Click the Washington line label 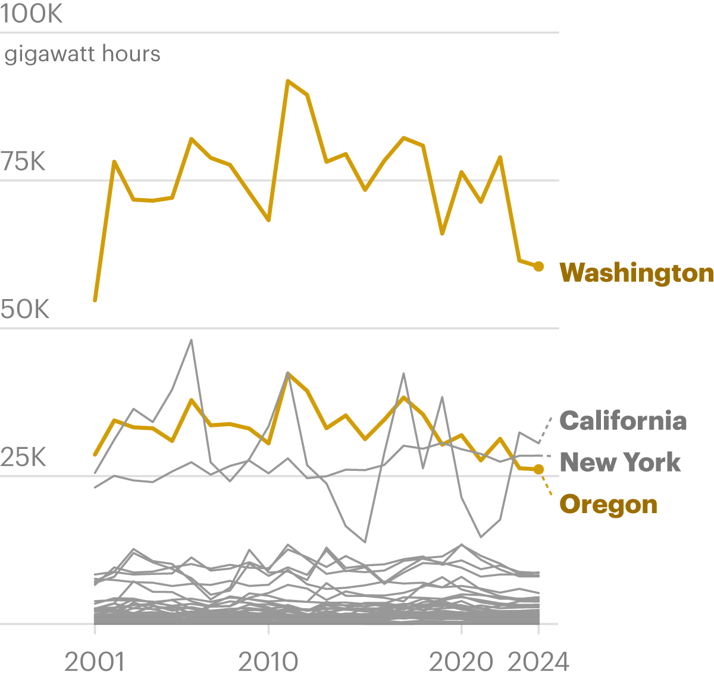pos(636,273)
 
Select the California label pos(623,420)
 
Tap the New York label pos(620,462)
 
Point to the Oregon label pos(608,504)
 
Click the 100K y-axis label pos(32,14)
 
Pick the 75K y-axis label pos(23,162)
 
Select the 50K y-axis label pos(25,310)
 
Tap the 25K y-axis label pos(23,458)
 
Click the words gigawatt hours pos(82,54)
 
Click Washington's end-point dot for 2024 pos(538,266)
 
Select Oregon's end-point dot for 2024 pos(538,470)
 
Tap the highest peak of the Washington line pos(288,81)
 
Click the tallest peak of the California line pos(191,340)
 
